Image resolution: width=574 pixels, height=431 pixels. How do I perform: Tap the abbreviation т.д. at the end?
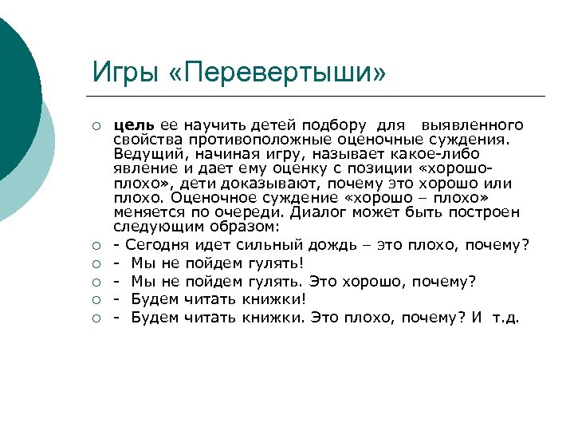coord(505,318)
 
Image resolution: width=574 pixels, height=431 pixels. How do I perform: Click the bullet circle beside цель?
coord(96,125)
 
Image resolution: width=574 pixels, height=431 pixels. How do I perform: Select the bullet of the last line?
coord(96,318)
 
